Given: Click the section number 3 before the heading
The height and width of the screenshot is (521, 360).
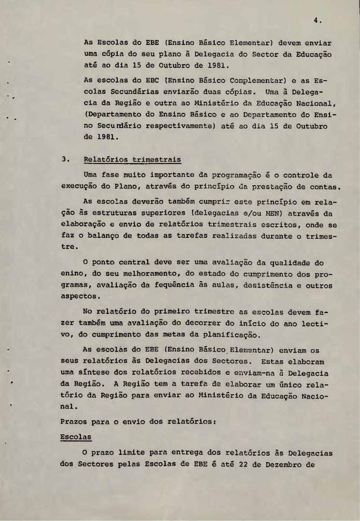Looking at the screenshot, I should tap(63, 159).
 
